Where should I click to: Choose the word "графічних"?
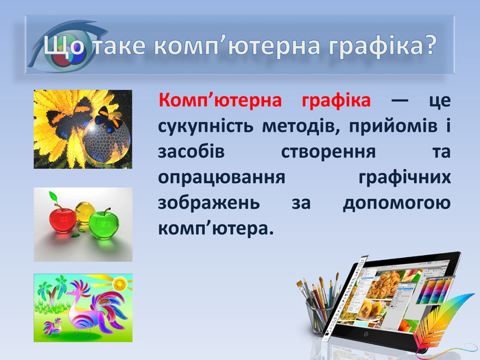click(x=405, y=177)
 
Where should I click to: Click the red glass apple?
click(x=60, y=220)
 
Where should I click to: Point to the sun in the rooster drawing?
click(x=119, y=282)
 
